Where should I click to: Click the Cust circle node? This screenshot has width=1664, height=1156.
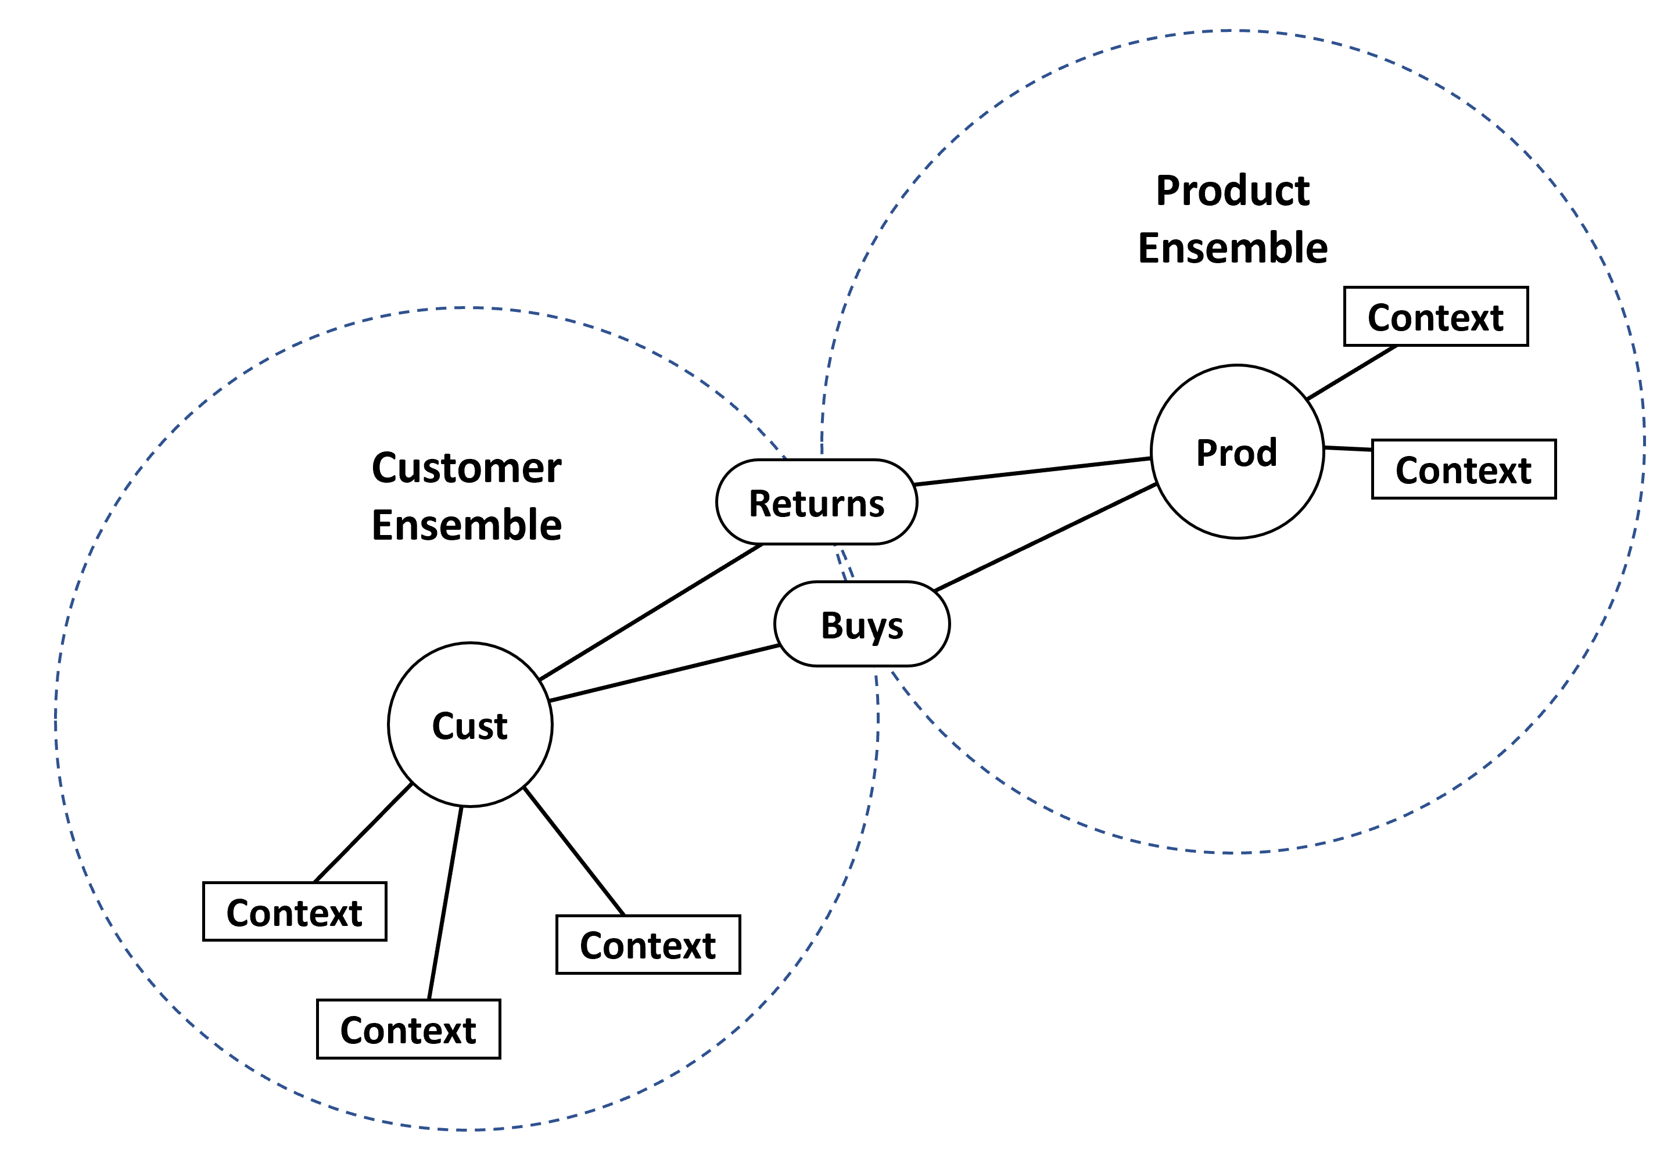469,724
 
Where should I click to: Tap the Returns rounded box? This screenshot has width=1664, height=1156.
816,502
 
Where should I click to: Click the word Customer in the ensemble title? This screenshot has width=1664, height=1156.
467,467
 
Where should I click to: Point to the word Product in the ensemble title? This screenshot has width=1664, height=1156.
1232,191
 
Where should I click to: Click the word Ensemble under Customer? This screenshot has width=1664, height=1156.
467,525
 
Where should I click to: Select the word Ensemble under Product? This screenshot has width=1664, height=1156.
1232,247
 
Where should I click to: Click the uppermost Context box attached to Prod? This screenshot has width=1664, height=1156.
1435,317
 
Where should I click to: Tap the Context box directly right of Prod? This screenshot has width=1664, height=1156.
1464,469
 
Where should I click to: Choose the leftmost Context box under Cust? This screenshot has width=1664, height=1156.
294,912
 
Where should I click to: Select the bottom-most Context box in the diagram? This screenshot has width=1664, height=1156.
408,1029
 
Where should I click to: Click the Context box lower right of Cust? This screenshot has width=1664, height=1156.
648,945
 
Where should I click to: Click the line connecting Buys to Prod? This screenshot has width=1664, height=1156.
1045,537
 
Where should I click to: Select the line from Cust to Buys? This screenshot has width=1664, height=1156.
664,673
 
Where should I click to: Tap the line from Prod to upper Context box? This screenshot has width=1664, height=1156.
1352,372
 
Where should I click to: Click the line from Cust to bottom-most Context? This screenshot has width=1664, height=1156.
445,903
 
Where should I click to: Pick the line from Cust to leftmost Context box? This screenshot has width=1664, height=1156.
364,832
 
